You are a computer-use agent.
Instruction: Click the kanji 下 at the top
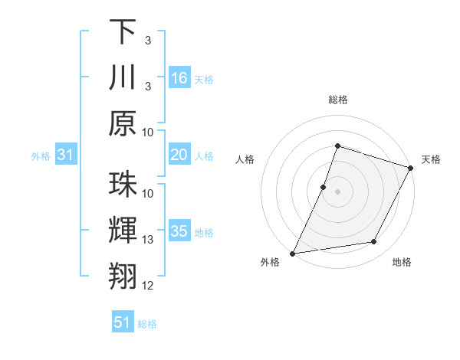(x=123, y=32)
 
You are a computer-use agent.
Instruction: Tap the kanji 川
(x=123, y=78)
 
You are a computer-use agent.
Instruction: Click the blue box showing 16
(x=179, y=78)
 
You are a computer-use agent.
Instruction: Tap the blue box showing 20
(x=179, y=155)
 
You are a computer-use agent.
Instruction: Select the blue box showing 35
(x=179, y=231)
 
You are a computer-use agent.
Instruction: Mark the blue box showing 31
(x=66, y=155)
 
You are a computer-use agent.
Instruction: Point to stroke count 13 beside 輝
(x=149, y=240)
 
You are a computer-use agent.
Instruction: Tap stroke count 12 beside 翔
(x=149, y=286)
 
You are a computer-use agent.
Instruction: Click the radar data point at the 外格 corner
(x=292, y=254)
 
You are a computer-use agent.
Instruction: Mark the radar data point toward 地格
(x=374, y=242)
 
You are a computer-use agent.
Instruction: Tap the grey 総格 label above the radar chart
(x=337, y=100)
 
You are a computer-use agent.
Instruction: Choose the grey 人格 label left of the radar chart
(x=245, y=159)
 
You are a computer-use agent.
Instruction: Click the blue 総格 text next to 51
(x=147, y=324)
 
